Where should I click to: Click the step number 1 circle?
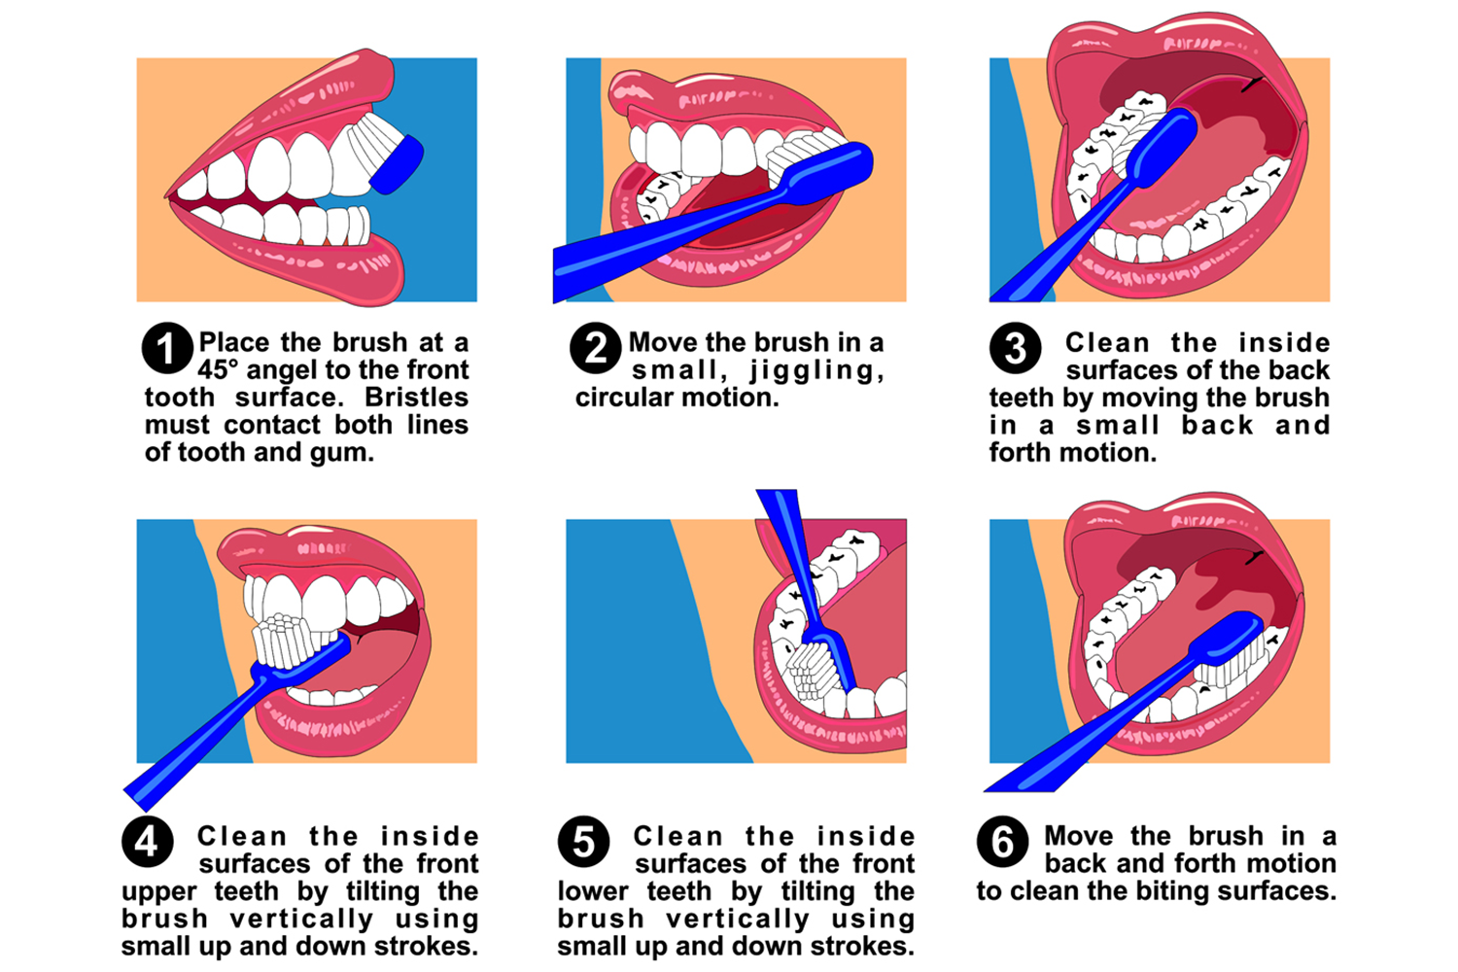(167, 348)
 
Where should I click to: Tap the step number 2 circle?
(595, 348)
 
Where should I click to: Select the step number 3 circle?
(1015, 348)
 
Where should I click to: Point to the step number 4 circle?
(147, 842)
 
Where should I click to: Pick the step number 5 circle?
(583, 842)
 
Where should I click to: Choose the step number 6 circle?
(1002, 842)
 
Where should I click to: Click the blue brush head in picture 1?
(397, 165)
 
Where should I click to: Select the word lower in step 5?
(593, 892)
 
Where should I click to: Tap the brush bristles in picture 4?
(281, 642)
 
